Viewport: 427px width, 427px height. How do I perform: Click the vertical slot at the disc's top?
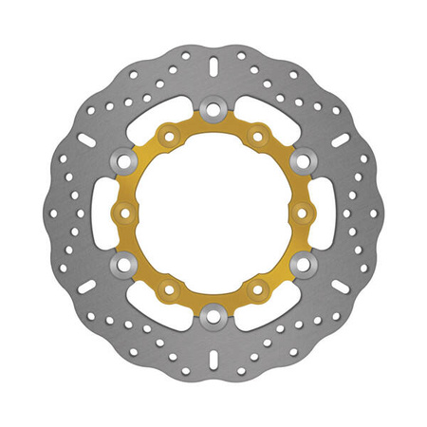point(213,67)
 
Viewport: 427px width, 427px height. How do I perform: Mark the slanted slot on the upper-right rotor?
point(339,139)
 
